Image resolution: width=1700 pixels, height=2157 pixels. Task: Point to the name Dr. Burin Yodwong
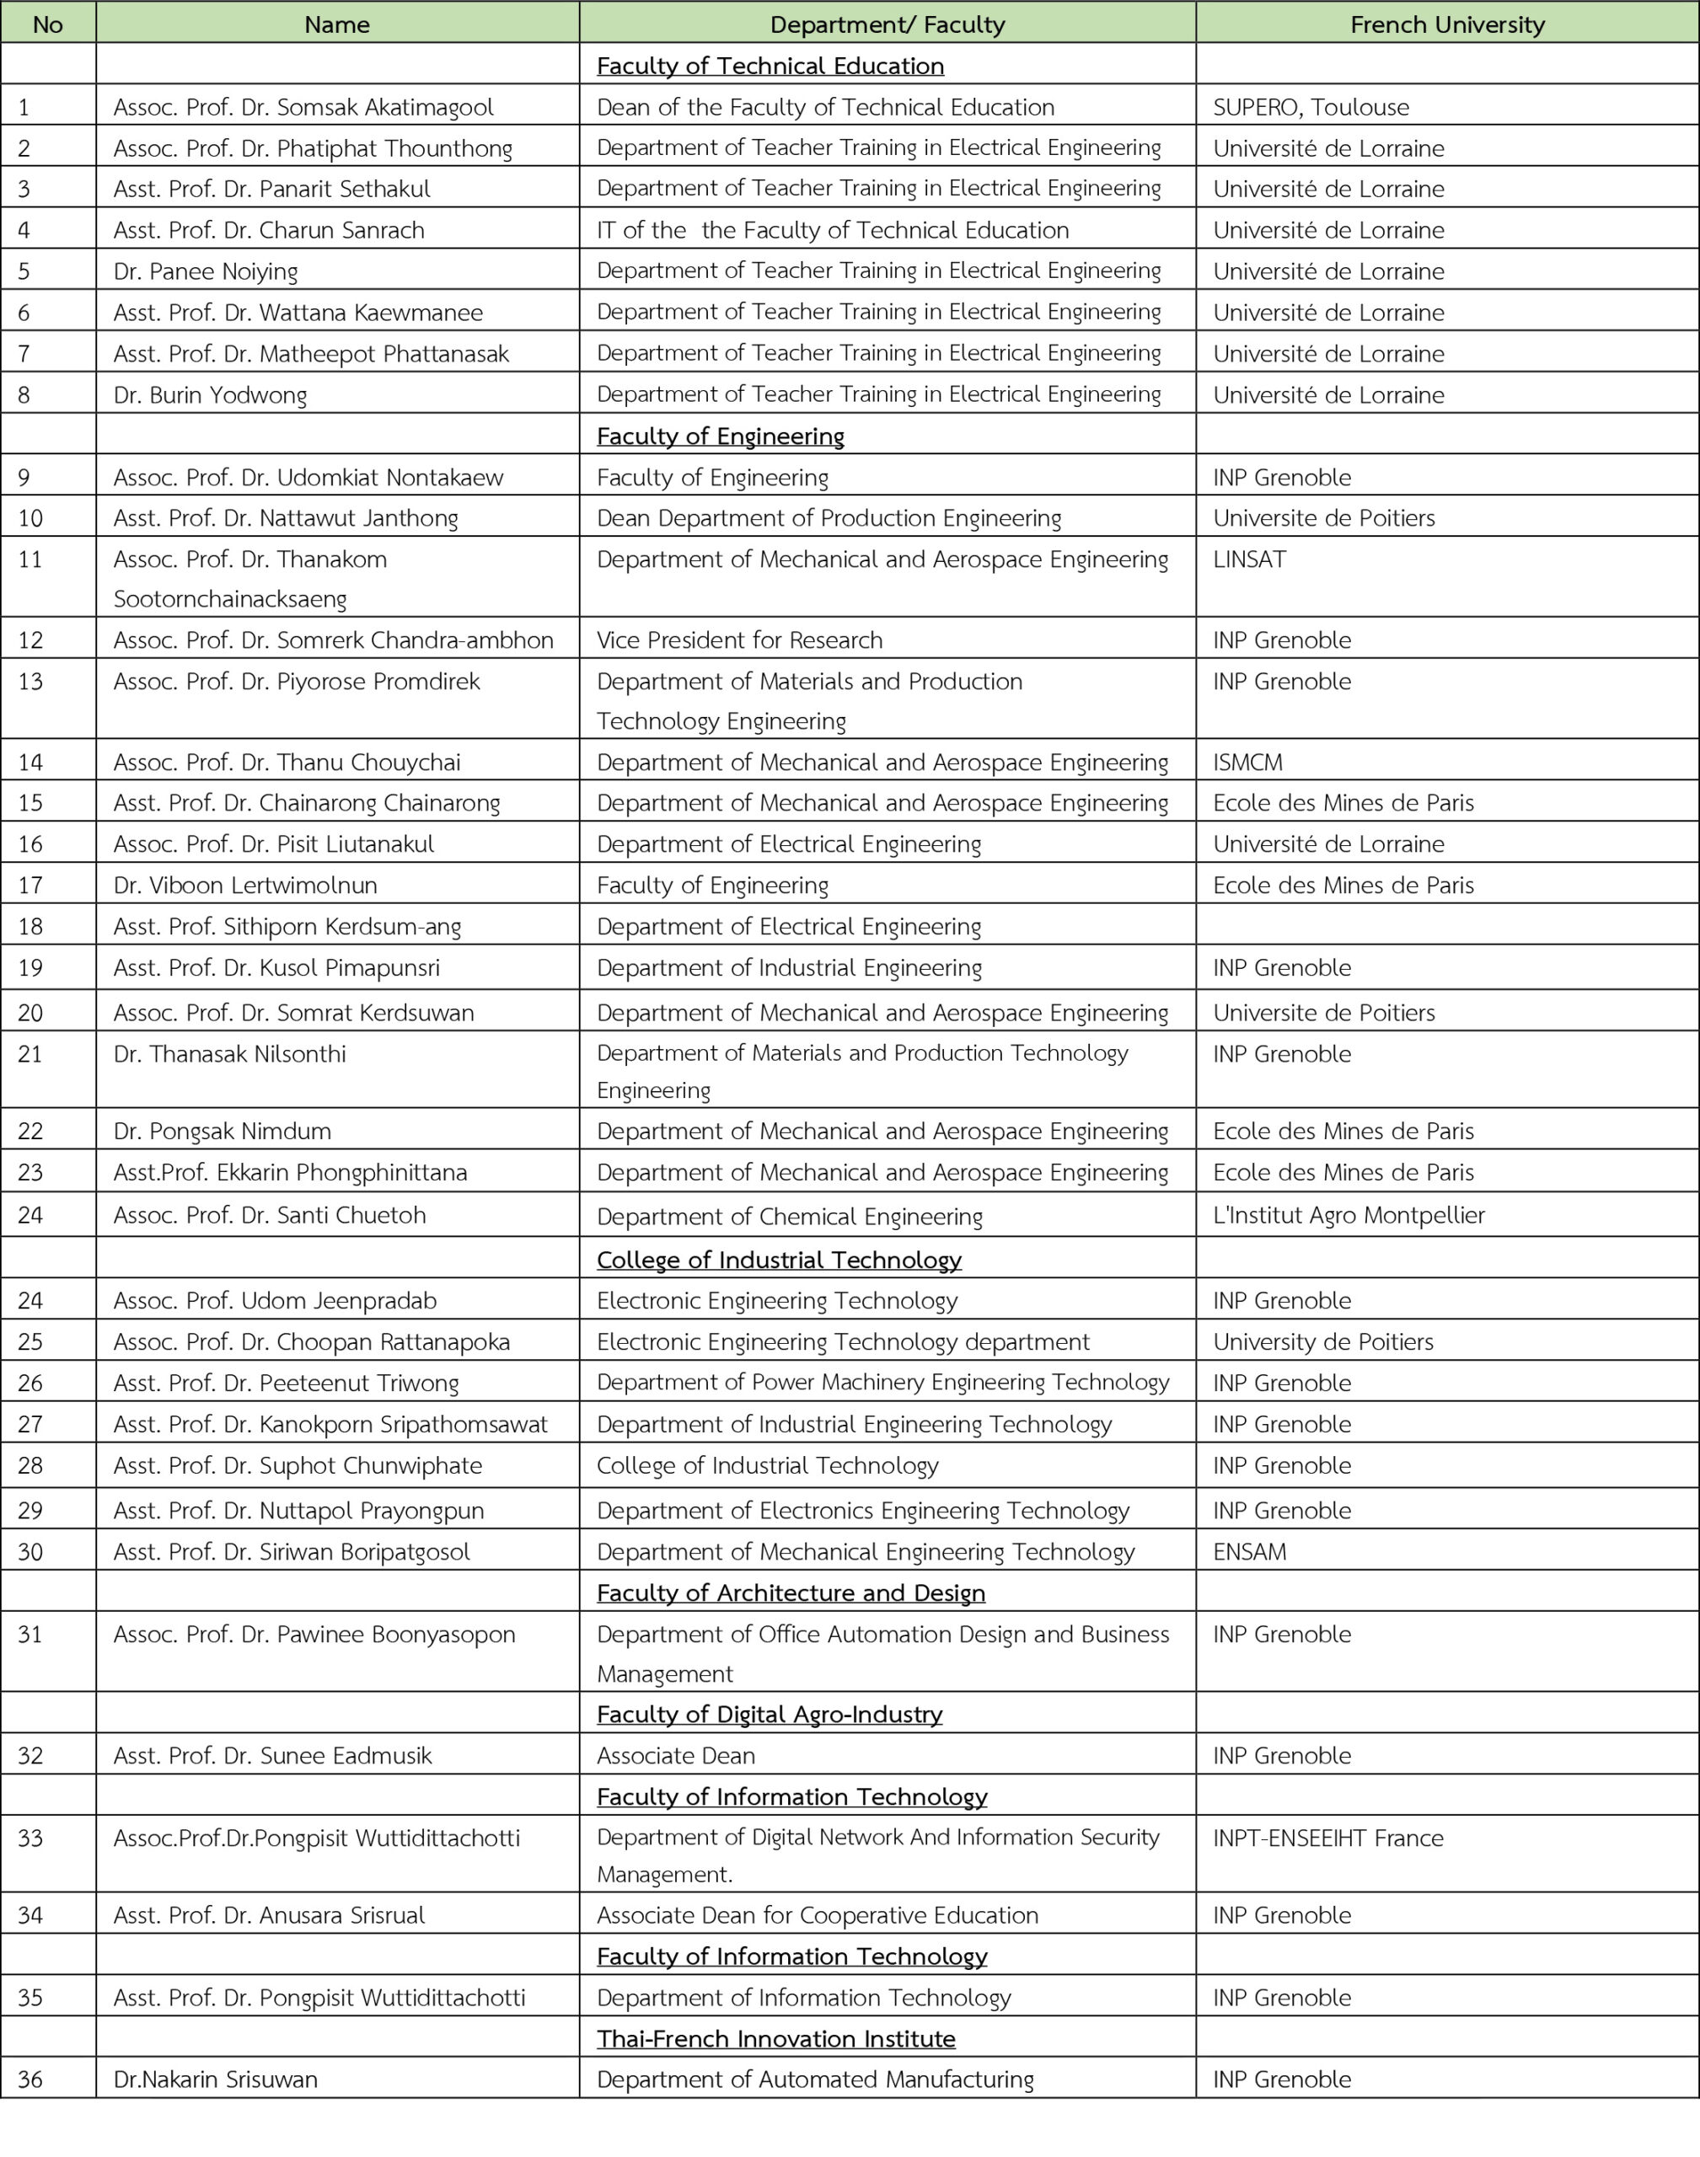tap(210, 395)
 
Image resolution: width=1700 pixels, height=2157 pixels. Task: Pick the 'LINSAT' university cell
tap(1249, 559)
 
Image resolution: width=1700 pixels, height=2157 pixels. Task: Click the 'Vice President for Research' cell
tap(738, 640)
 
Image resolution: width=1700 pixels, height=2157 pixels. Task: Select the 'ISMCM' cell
tap(1247, 763)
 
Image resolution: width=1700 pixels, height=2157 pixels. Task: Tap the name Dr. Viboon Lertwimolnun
tap(245, 885)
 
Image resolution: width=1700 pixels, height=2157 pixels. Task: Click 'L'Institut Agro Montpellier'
tap(1348, 1215)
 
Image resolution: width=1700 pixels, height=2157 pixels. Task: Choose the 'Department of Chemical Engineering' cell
tap(789, 1216)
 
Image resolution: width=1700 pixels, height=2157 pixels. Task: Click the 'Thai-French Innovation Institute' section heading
tap(775, 2037)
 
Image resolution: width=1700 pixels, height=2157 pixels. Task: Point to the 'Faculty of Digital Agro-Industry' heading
tap(769, 1713)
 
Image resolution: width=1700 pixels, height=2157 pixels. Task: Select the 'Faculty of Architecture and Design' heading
tap(791, 1592)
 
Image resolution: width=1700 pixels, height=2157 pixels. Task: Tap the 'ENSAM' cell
tap(1249, 1551)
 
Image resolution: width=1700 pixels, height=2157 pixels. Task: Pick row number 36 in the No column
tap(31, 2079)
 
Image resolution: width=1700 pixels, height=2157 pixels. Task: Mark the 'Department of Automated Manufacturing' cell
tap(814, 2079)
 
